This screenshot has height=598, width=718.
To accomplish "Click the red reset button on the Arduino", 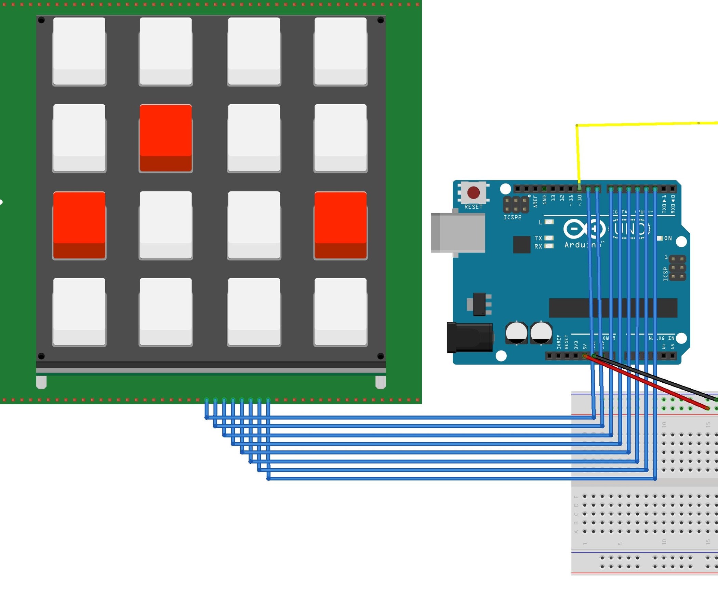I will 473,192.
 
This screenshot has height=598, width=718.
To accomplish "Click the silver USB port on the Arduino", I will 458,233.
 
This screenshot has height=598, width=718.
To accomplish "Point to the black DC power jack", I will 469,338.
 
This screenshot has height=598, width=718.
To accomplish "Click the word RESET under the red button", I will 473,207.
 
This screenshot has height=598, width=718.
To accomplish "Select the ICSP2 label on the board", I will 512,217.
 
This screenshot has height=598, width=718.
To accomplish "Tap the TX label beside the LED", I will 538,238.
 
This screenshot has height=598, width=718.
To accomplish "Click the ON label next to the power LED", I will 668,238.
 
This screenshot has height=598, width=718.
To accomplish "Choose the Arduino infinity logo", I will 584,229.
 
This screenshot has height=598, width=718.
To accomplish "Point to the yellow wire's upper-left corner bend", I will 577,126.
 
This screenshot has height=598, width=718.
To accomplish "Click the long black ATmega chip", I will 613,308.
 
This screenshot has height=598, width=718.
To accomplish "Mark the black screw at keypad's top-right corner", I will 380,21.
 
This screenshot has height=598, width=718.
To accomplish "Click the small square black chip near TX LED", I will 521,244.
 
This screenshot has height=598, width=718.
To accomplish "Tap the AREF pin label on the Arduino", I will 535,201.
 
